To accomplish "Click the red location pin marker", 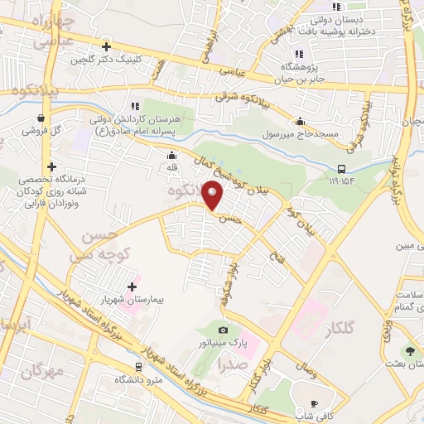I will (x=213, y=196).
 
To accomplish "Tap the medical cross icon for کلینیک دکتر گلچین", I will (x=106, y=46).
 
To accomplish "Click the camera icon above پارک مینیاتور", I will (x=223, y=330).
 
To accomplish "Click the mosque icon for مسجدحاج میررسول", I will (x=299, y=121).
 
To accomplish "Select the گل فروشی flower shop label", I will (x=41, y=131).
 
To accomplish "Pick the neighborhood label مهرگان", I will (x=41, y=371).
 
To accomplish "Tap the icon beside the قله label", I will (x=171, y=155).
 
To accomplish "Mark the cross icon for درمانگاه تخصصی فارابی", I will (x=52, y=166).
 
